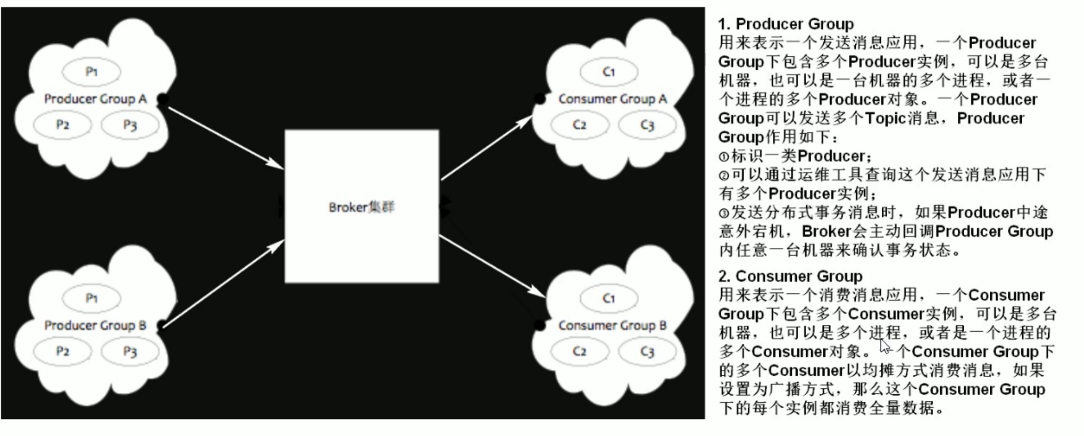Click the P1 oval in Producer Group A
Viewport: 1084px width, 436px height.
click(91, 72)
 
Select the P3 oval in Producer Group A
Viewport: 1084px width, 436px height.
click(130, 125)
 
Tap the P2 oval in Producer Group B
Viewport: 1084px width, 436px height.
click(62, 351)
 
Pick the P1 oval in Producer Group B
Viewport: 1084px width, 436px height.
click(91, 298)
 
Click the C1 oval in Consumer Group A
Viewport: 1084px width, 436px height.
click(609, 72)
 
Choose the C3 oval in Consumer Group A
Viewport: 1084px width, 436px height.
click(647, 125)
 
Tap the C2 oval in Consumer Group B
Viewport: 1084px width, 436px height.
click(579, 351)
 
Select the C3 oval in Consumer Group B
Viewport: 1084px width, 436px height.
click(647, 351)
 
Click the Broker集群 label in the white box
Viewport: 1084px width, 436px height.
click(361, 207)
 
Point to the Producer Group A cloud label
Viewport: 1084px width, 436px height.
click(95, 99)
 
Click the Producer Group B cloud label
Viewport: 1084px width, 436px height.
click(95, 325)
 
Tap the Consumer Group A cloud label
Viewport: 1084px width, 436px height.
click(613, 99)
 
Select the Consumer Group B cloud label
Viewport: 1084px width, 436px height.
click(613, 325)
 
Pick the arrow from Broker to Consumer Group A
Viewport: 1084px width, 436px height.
click(487, 147)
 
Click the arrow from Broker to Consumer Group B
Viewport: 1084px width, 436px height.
click(492, 266)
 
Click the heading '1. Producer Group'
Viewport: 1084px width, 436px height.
click(786, 24)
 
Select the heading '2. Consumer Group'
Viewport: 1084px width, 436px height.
click(790, 276)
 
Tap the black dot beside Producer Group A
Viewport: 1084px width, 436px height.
click(163, 99)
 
